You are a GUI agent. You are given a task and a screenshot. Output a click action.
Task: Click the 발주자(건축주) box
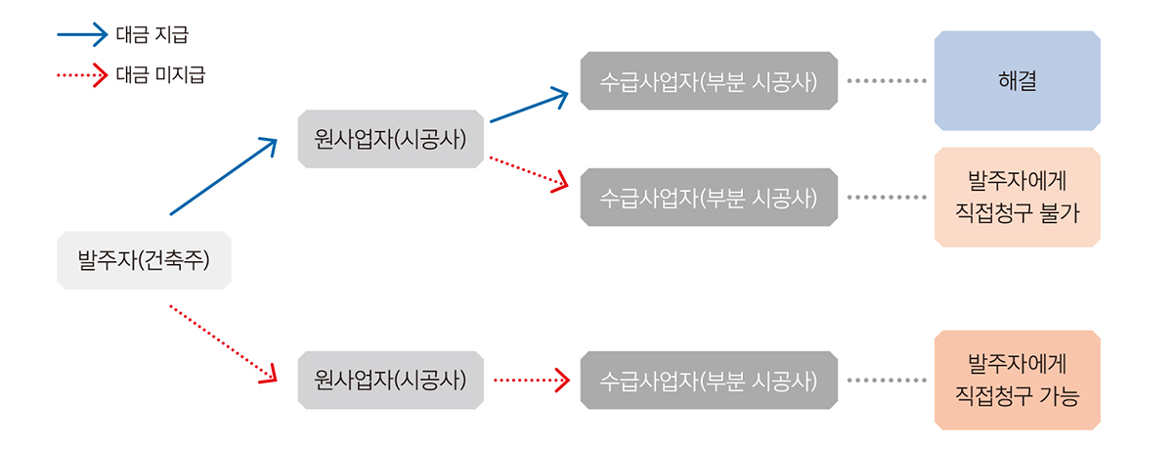pos(144,260)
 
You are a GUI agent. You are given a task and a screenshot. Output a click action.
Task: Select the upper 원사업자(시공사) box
pos(390,139)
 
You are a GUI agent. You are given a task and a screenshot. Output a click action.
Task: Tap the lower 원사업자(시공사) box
pos(390,380)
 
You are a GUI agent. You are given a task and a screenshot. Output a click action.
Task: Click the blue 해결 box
pos(1018,80)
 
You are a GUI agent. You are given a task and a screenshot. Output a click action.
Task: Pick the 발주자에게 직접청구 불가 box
pos(1018,197)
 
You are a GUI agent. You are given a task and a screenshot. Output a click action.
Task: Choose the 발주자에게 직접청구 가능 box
pos(1018,380)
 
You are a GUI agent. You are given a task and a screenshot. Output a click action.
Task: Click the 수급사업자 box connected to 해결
pos(708,80)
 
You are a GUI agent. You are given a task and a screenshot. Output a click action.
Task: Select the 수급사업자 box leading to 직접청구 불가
pos(708,197)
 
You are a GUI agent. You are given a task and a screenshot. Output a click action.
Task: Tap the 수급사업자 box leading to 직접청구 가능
pos(708,380)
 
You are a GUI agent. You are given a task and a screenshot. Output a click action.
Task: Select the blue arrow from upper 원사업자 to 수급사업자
pos(528,107)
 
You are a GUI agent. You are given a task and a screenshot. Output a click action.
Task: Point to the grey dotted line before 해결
pos(886,80)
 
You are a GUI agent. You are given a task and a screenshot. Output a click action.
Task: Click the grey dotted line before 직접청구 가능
pos(886,380)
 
